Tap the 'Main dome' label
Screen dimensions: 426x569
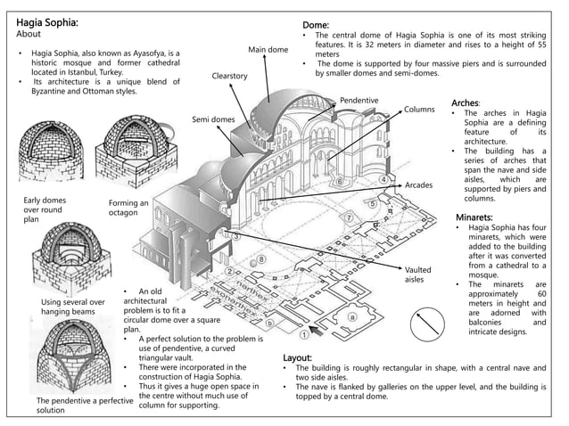coord(268,49)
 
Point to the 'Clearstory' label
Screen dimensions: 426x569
coord(229,77)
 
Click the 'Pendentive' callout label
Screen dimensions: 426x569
coord(359,101)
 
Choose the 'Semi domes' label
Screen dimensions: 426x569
coord(213,119)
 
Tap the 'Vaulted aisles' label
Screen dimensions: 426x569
coord(417,274)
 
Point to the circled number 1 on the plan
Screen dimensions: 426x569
coord(303,335)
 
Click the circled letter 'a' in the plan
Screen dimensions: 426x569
coord(351,315)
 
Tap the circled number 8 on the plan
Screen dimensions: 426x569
coord(261,259)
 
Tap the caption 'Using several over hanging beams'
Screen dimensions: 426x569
coord(73,307)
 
